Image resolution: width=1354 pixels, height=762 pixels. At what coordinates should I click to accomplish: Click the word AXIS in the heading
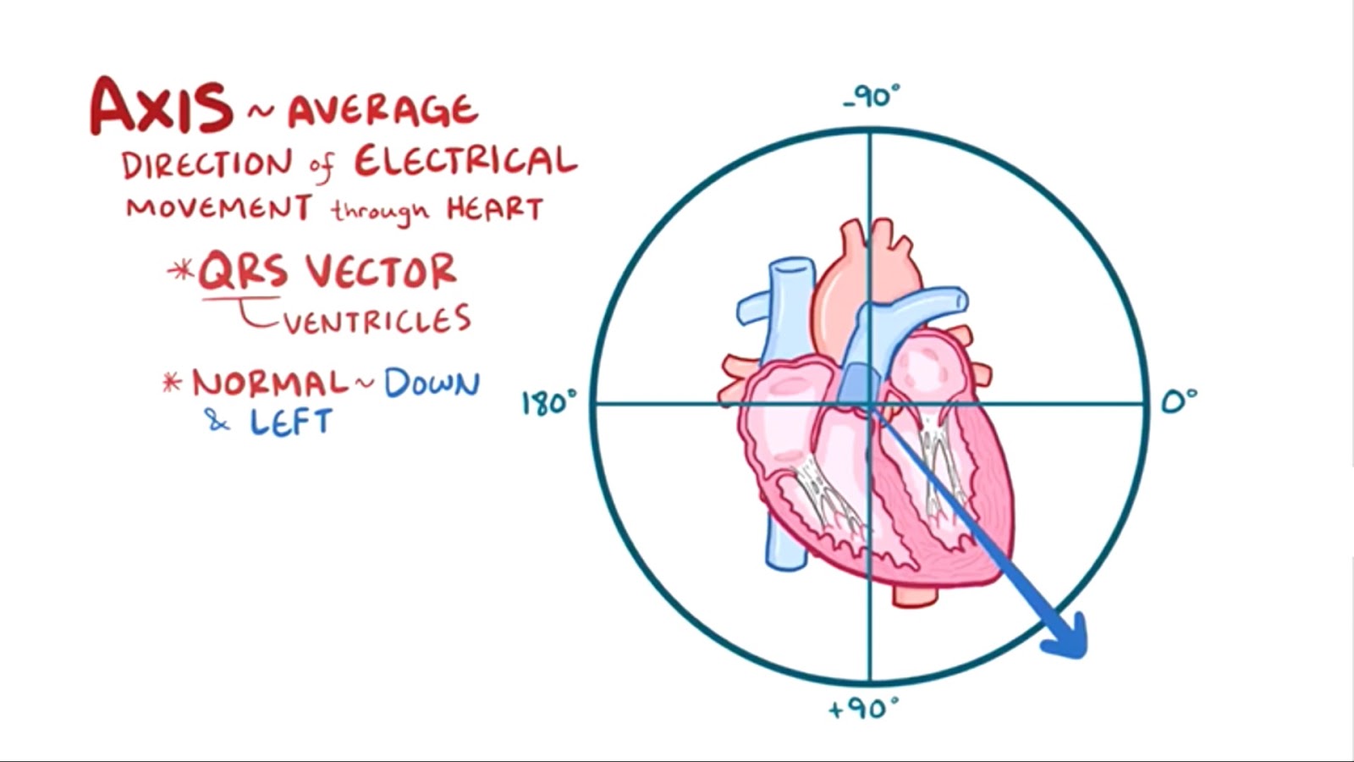click(x=161, y=107)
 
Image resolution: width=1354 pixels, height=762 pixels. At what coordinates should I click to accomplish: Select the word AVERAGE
click(x=383, y=111)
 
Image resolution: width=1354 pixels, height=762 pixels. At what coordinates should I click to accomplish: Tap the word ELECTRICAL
click(x=465, y=161)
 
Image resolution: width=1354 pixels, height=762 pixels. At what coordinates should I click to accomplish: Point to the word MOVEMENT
click(x=219, y=208)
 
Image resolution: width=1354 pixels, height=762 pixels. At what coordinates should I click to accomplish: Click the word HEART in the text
click(x=495, y=208)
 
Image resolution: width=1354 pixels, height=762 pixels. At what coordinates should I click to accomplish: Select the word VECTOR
click(x=382, y=273)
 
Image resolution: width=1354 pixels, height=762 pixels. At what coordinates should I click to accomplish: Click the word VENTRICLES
click(x=377, y=320)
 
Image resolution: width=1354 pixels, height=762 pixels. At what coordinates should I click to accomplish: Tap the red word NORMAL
click(x=270, y=384)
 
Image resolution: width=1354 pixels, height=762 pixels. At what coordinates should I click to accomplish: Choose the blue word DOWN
click(x=432, y=384)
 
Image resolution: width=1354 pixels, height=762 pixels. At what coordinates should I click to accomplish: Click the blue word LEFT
click(x=290, y=422)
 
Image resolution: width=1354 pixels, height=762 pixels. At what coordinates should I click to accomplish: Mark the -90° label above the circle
click(x=872, y=97)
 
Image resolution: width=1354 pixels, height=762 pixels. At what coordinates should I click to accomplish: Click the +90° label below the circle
click(x=863, y=708)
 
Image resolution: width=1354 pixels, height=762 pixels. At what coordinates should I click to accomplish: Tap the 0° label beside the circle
click(x=1179, y=400)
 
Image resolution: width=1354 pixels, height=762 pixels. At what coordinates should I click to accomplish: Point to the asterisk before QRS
click(x=180, y=271)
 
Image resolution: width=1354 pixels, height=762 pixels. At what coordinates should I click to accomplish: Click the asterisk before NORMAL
click(x=173, y=383)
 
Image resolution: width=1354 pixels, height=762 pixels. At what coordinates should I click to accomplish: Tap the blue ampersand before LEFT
click(x=217, y=421)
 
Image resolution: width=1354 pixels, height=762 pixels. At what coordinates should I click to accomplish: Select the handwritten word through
click(x=379, y=210)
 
